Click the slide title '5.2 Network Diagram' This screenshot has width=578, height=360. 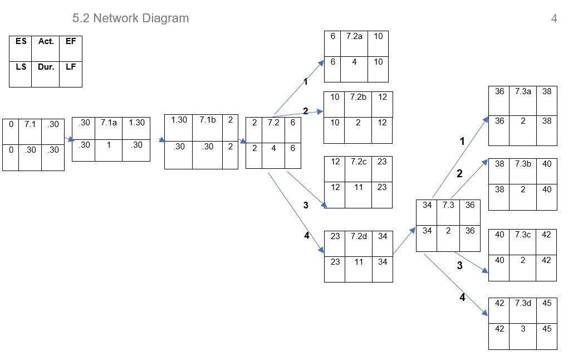(130, 18)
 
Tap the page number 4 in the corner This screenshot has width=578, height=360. (553, 18)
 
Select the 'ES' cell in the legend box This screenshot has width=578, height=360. (21, 41)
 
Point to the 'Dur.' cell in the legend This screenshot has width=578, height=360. (46, 66)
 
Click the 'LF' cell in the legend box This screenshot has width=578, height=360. (70, 66)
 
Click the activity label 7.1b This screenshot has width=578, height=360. (207, 120)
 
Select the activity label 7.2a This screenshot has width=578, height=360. (354, 36)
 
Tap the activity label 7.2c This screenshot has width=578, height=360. (359, 162)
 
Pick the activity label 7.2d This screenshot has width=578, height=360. (359, 236)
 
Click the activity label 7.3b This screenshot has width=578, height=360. (523, 164)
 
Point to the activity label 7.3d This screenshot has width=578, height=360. (523, 303)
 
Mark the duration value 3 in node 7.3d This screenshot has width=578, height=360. (523, 329)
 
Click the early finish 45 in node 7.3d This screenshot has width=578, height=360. (546, 303)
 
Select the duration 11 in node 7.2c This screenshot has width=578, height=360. (359, 187)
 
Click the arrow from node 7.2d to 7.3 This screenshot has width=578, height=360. (405, 241)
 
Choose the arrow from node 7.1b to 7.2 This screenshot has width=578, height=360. (242, 141)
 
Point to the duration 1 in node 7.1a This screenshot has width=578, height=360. (108, 145)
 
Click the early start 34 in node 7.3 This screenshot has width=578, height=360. (427, 205)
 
